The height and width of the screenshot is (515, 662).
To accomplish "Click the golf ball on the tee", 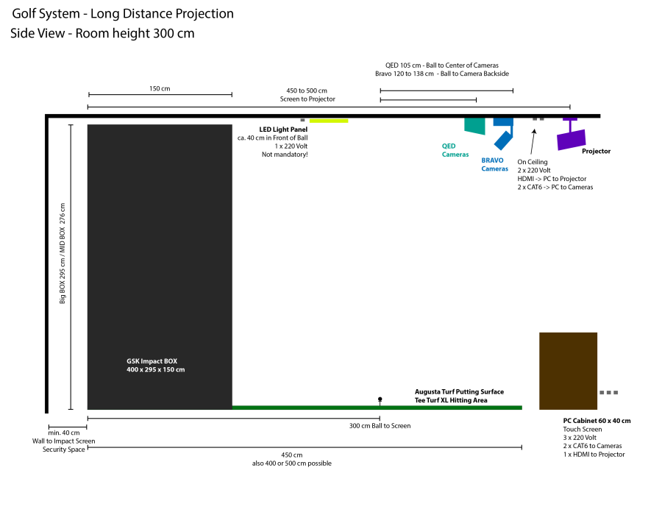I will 380,399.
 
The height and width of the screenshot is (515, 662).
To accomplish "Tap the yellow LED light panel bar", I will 329,120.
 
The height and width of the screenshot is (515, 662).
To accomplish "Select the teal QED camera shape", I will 475,126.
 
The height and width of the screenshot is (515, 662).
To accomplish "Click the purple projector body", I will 572,138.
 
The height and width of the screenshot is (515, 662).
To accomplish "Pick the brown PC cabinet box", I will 568,371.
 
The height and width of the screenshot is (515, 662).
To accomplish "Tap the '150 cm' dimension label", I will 160,88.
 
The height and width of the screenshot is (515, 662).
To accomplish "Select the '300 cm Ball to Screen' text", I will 380,426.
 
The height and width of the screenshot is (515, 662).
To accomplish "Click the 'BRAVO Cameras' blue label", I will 494,164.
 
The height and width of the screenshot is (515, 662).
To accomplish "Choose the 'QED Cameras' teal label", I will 455,150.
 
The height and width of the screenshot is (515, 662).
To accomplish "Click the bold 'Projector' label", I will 596,151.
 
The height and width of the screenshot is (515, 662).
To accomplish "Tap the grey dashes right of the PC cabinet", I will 608,392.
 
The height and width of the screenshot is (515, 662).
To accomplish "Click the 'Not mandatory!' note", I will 285,154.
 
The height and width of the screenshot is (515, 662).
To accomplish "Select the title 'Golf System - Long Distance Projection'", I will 123,14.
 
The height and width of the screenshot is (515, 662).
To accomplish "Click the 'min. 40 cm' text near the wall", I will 64,433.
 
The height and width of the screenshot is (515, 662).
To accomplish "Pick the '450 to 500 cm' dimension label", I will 307,90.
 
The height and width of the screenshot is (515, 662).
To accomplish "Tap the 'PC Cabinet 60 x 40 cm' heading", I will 597,421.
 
